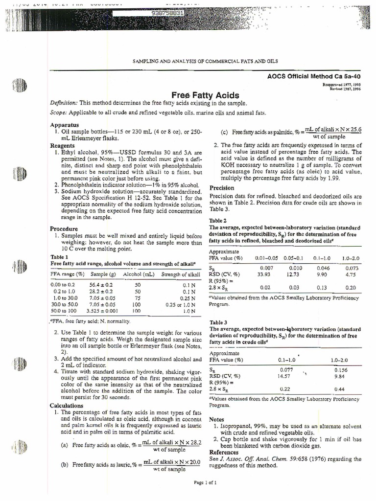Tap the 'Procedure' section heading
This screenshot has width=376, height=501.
click(x=64, y=228)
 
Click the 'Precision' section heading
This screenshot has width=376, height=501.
click(x=222, y=188)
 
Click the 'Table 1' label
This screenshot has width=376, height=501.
click(x=60, y=257)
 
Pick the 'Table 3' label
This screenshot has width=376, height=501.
click(x=218, y=322)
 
